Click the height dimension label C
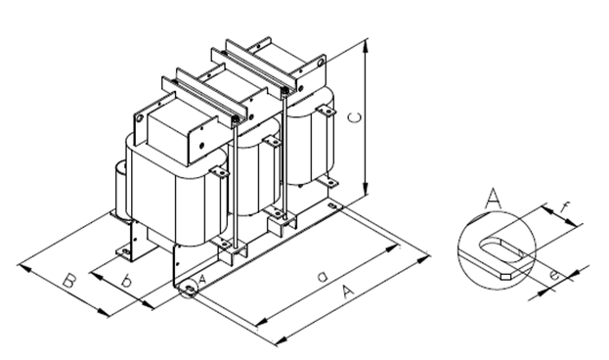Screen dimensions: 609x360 [x=354, y=117]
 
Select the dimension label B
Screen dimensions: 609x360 [x=69, y=281]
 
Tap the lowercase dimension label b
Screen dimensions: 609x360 [x=125, y=281]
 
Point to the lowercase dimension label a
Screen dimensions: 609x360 [x=323, y=277]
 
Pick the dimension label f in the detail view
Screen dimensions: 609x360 [x=565, y=208]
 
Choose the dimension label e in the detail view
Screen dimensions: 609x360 [x=554, y=275]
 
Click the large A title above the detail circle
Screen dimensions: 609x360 [x=494, y=198]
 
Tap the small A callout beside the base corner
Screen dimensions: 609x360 [x=201, y=279]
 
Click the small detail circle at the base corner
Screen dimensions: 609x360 [x=189, y=290]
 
